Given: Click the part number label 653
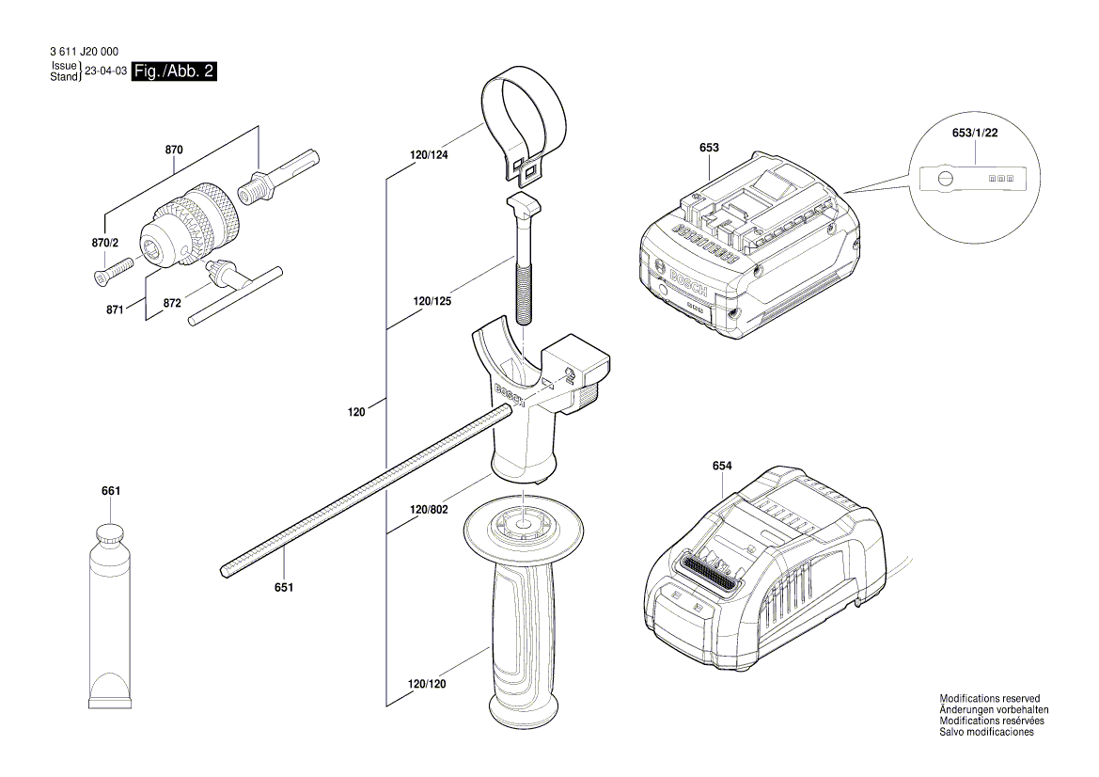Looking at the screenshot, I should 709,148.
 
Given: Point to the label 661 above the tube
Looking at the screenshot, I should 111,491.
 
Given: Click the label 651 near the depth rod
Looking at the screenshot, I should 284,588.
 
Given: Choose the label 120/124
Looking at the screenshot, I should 429,154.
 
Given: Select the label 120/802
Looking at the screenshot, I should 429,509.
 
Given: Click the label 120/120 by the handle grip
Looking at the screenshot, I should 427,684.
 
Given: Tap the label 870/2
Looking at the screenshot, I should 106,243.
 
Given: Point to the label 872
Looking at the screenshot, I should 172,305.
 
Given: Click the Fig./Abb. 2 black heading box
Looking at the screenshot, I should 174,71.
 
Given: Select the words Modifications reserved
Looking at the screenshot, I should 989,698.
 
